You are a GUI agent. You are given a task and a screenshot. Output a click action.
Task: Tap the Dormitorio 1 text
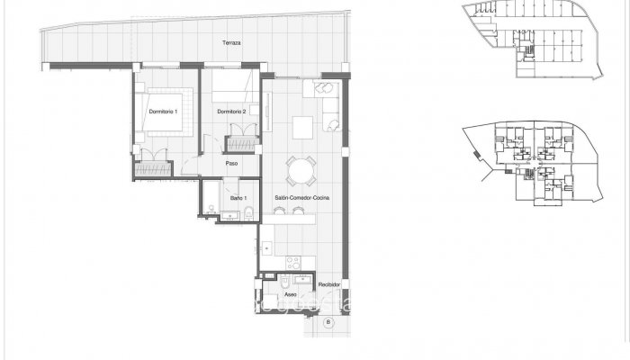click(x=163, y=111)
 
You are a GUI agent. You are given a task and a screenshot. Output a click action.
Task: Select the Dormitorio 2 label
click(x=232, y=111)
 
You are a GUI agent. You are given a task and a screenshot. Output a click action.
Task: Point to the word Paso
click(x=231, y=163)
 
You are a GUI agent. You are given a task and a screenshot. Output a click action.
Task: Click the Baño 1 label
click(x=238, y=197)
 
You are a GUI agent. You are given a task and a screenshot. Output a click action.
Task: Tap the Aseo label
click(x=290, y=294)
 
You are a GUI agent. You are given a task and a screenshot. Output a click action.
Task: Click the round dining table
click(x=301, y=169)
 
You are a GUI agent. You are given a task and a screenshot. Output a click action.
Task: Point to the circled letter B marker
click(x=328, y=321)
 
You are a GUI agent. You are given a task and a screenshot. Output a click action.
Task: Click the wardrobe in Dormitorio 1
click(x=152, y=168)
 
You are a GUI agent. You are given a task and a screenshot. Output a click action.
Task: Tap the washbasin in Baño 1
click(x=247, y=214)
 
